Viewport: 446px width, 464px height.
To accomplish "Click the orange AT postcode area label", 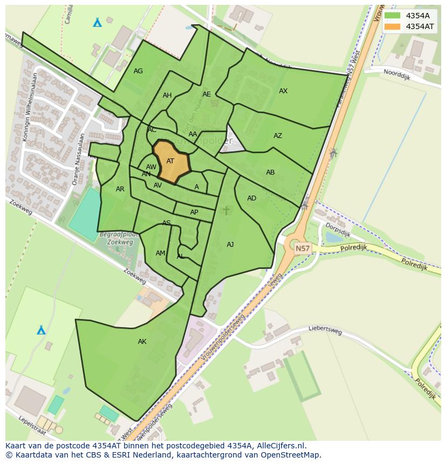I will tap(170, 161).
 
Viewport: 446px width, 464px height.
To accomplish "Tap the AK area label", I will tap(142, 342).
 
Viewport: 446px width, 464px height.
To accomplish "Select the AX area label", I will tap(283, 91).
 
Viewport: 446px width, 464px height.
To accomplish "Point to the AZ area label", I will tap(278, 136).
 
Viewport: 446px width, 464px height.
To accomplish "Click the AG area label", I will tap(138, 71).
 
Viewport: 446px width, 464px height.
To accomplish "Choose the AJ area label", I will tap(231, 245).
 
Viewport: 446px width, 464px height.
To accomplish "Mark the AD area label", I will tap(252, 198).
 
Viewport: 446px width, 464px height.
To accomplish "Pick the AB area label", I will tap(270, 172).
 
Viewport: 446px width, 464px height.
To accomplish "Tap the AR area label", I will tap(120, 189).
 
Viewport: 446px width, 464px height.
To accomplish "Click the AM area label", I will tap(161, 253).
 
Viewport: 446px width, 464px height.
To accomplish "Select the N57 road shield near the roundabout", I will tap(303, 248).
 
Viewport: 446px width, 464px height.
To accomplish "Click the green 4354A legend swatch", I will tap(393, 16).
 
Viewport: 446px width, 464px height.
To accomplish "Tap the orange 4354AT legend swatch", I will tap(393, 26).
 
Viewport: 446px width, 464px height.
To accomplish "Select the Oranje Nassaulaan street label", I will tap(79, 159).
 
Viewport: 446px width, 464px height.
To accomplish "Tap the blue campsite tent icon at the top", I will tap(97, 23).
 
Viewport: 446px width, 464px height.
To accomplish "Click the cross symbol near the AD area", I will tap(226, 210).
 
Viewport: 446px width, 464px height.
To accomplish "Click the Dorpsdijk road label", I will tap(338, 230).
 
